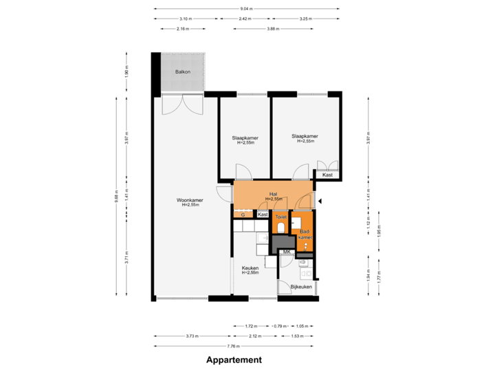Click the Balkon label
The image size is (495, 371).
coord(182,71)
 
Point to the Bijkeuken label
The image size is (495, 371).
coord(301,286)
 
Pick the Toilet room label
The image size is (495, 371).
coord(280,216)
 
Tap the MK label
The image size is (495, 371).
coord(286,252)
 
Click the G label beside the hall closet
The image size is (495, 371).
coord(243,215)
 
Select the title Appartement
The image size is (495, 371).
coord(234,359)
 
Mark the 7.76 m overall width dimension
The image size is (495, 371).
coord(236,346)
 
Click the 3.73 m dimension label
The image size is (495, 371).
coord(192,336)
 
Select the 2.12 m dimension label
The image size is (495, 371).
coord(255,336)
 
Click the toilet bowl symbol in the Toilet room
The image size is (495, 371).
coord(280,227)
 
